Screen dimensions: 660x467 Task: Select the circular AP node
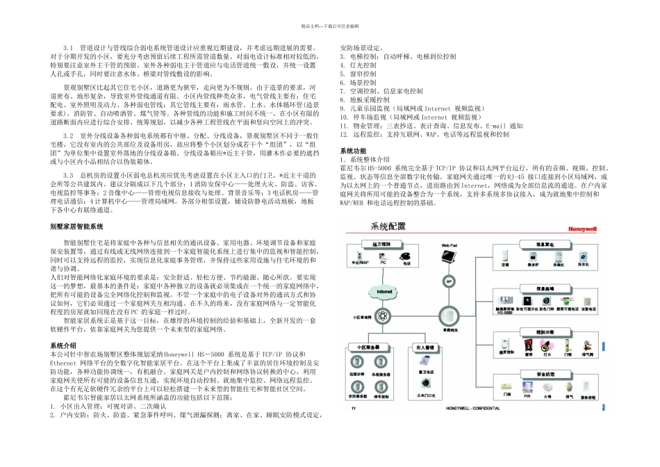448,281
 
